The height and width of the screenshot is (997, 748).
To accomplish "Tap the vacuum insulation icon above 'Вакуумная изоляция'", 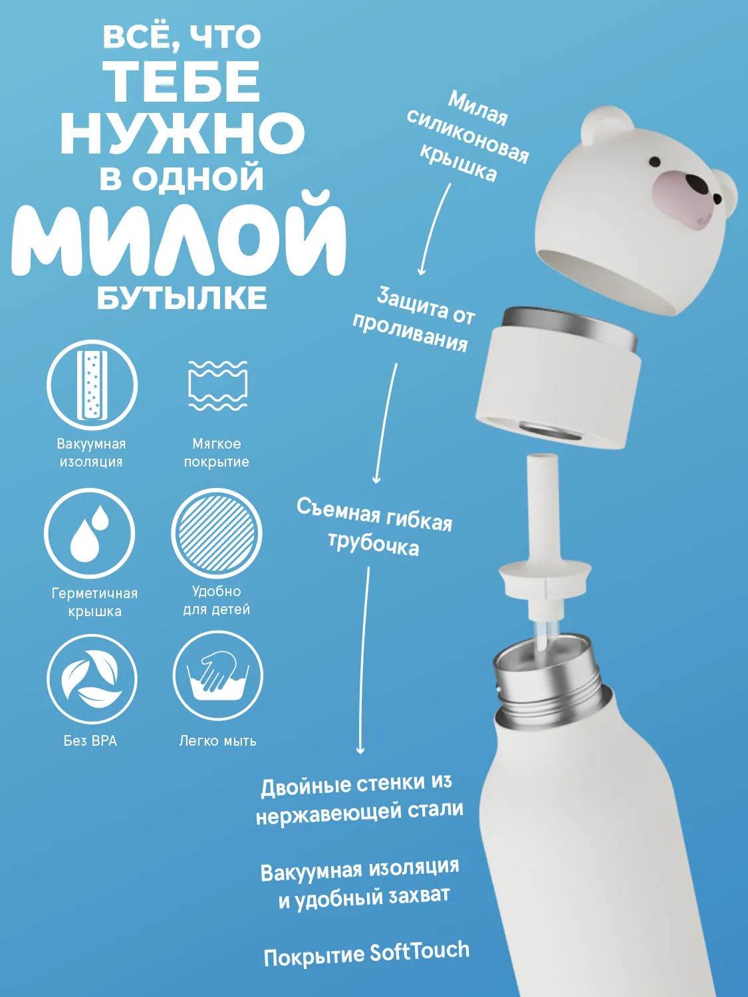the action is pyautogui.click(x=92, y=385).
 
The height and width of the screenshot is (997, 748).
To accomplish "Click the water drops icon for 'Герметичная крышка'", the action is pyautogui.click(x=90, y=533).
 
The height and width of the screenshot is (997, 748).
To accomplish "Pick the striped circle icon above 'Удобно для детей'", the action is pyautogui.click(x=217, y=533).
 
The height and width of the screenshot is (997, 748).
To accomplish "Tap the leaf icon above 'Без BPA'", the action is pyautogui.click(x=92, y=679).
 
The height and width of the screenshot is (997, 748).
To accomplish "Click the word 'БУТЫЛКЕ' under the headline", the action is pyautogui.click(x=182, y=298).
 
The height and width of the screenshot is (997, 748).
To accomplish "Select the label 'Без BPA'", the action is pyautogui.click(x=90, y=741).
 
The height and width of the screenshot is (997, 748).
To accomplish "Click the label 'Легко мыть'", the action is pyautogui.click(x=217, y=741).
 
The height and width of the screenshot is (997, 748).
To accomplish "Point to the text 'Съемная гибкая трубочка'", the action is pyautogui.click(x=374, y=527).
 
